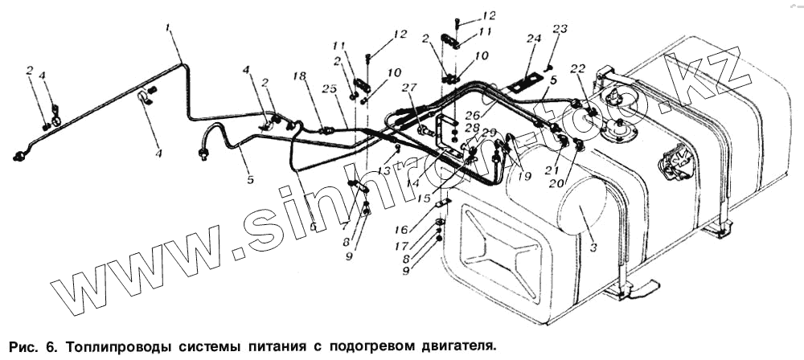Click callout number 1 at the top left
pyautogui.click(x=169, y=28)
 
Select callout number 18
pyautogui.click(x=299, y=76)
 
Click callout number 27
pyautogui.click(x=409, y=88)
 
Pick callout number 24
pyautogui.click(x=532, y=38)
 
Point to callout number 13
pyautogui.click(x=384, y=171)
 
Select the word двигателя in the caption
pyautogui.click(x=451, y=347)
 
